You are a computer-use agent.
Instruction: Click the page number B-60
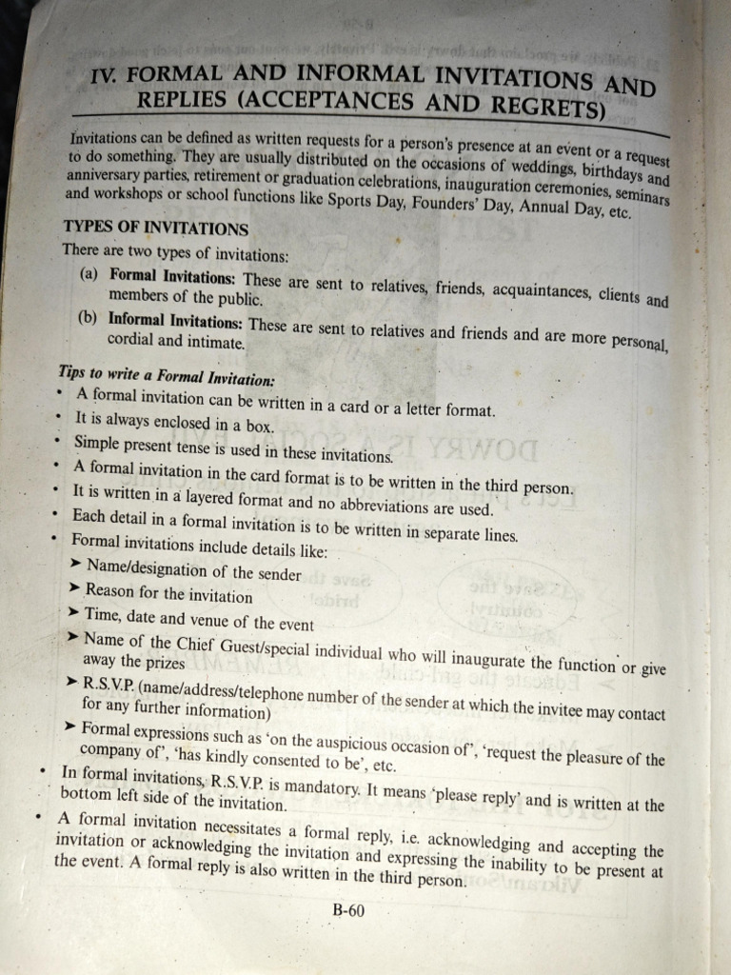pos(348,910)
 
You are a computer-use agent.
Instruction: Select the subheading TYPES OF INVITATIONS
pos(155,229)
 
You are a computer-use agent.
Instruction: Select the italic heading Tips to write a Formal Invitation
pos(167,374)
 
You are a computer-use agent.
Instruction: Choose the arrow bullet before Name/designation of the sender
pos(76,565)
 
